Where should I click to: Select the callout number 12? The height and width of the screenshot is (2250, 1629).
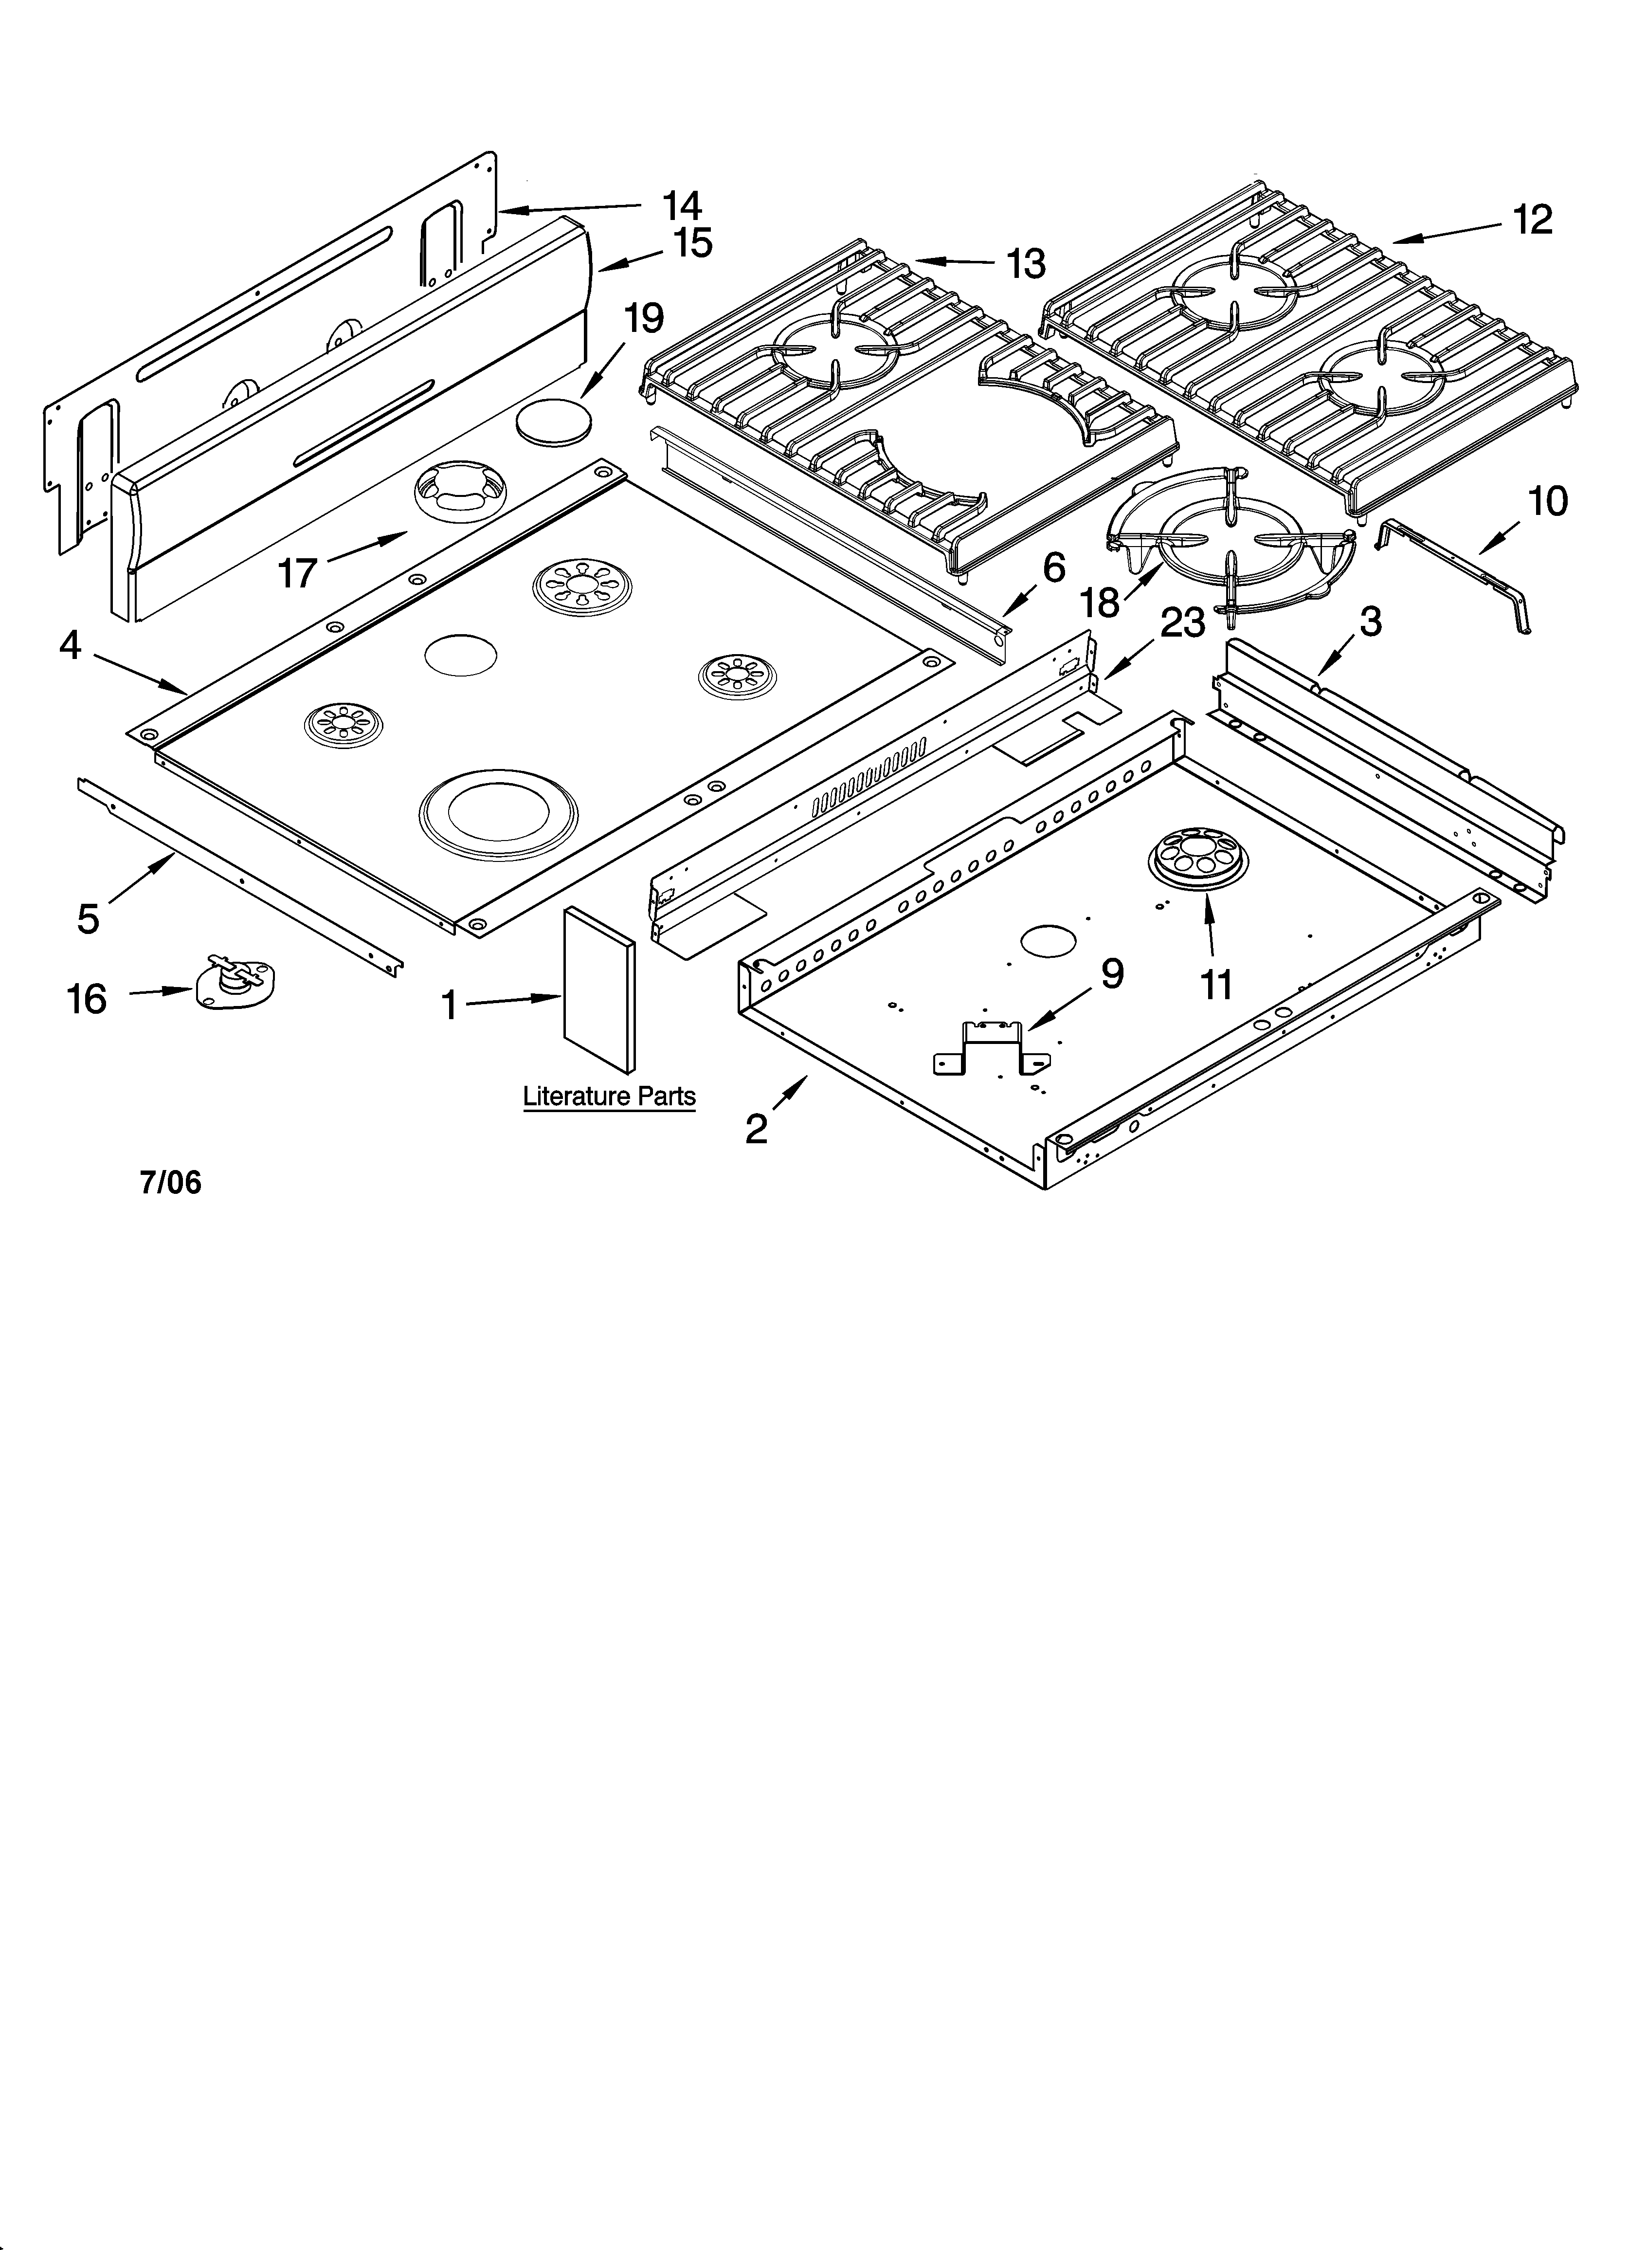point(1533,219)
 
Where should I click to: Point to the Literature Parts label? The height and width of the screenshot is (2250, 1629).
point(609,1096)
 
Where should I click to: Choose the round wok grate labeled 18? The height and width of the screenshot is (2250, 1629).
point(1230,546)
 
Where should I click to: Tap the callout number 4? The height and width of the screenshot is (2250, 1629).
point(70,646)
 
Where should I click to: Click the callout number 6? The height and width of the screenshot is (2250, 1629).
point(1053,567)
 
